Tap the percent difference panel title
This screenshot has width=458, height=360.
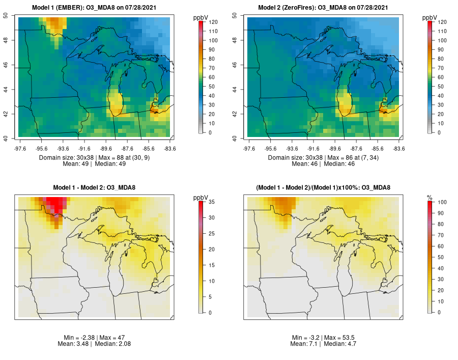pos(325,188)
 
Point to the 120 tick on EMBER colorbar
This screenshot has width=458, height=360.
pos(214,22)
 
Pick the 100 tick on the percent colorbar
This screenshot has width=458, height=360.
pos(442,202)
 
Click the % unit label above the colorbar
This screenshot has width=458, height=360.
pos(430,197)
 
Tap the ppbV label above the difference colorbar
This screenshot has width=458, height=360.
pos(200,197)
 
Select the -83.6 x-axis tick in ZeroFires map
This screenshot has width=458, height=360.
pos(398,148)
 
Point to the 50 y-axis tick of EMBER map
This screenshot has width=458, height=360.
pos(12,16)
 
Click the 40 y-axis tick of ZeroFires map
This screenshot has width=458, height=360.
pos(241,138)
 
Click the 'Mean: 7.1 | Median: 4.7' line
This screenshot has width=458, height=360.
pos(325,344)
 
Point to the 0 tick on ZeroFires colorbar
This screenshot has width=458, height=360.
pos(442,132)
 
